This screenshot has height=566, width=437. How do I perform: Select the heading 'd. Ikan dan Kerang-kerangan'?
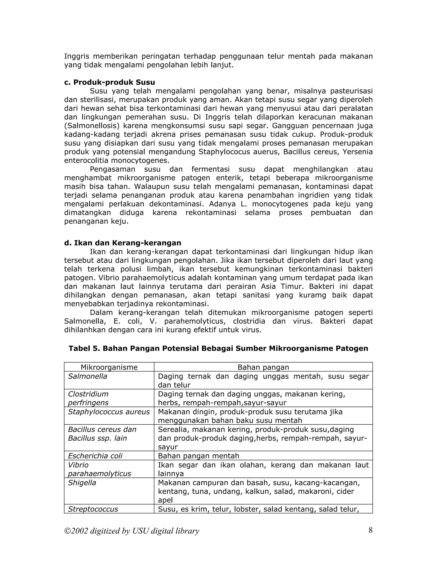click(122, 243)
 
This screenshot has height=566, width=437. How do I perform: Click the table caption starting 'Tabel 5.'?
click(218, 348)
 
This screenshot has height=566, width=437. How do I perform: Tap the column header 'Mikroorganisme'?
click(109, 367)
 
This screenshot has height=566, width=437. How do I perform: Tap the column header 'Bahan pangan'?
click(263, 367)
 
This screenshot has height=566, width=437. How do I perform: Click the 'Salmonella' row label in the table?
click(87, 376)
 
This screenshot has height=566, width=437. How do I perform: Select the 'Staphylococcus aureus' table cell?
click(109, 412)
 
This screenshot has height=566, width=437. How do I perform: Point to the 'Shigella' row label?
click(82, 483)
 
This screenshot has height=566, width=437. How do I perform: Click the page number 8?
click(370, 531)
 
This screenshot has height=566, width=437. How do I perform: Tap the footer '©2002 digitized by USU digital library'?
click(132, 531)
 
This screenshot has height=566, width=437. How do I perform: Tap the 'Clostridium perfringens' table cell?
click(88, 398)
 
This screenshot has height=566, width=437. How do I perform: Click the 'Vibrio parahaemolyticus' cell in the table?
click(99, 469)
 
